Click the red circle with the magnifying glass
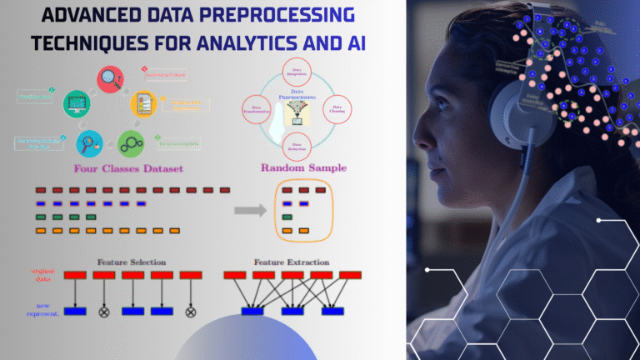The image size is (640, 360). coord(111,79)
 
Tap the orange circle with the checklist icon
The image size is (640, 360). coord(144,105)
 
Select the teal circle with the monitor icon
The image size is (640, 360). coord(77,103)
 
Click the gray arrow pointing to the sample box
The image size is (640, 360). coord(249,210)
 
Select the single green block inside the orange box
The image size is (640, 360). coord(287,217)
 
